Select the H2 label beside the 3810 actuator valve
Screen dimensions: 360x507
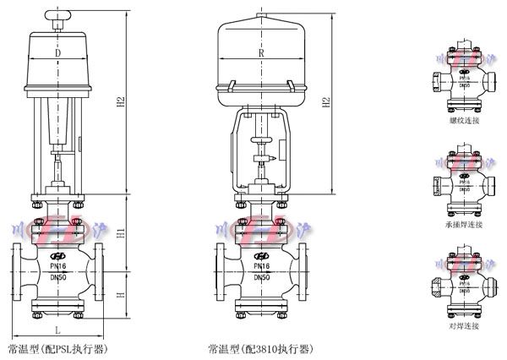(x=326, y=103)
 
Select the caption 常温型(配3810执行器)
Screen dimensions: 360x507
(x=260, y=347)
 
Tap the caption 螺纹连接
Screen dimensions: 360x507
(x=465, y=122)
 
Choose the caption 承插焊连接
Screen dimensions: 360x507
(x=465, y=224)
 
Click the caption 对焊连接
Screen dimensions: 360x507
(x=465, y=325)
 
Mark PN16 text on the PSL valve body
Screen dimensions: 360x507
(x=58, y=266)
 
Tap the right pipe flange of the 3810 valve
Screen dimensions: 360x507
(x=298, y=270)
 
